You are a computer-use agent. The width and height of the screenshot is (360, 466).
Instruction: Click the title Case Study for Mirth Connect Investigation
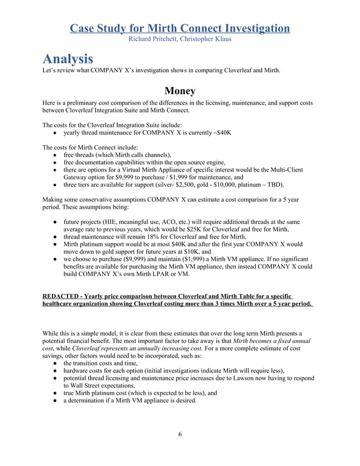[x=180, y=28]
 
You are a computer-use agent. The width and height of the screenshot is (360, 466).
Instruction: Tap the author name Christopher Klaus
[x=206, y=39]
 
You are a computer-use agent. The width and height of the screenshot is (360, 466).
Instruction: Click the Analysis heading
[x=67, y=58]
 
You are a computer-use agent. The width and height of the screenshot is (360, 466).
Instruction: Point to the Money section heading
[x=180, y=91]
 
